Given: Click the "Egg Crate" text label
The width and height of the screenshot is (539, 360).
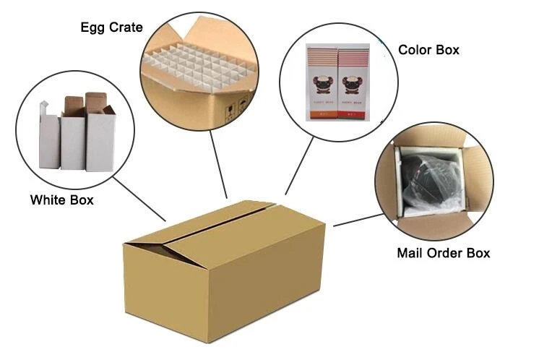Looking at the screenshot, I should (x=111, y=27).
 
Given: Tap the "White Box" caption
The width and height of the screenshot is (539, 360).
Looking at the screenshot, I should (x=61, y=200).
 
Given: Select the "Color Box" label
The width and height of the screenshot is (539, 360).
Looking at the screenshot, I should (x=428, y=51).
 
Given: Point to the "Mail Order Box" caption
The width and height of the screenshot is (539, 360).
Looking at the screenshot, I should (x=443, y=253).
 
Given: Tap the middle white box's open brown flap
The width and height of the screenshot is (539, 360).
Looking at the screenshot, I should (x=72, y=106).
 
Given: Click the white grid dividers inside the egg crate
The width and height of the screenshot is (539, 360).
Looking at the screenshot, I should (x=195, y=61).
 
